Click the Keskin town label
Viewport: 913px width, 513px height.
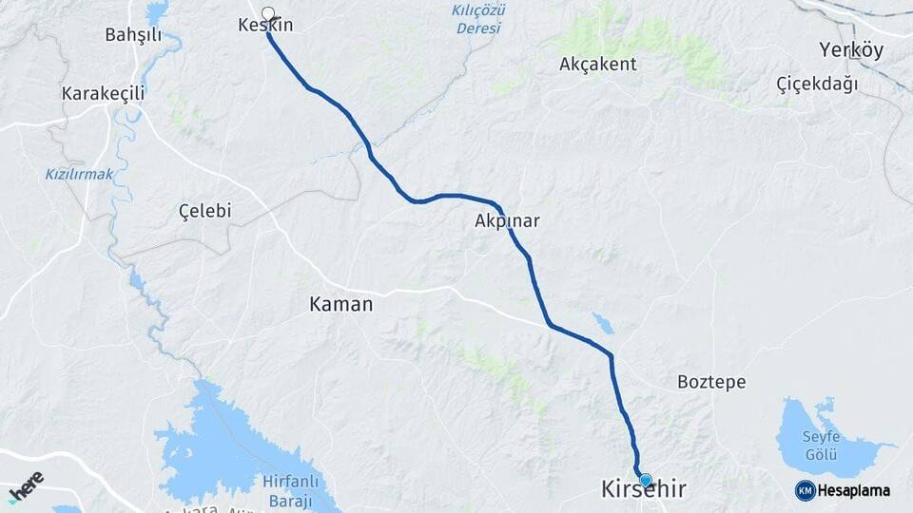[x=265, y=26]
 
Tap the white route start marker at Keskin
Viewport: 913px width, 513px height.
[x=268, y=14]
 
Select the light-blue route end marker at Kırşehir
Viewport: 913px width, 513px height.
[x=646, y=480]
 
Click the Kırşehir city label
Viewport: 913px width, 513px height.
[x=643, y=490]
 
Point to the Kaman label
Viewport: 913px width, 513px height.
[x=341, y=305]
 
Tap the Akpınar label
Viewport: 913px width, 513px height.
[x=507, y=221]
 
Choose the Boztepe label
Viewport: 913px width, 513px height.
[x=711, y=382]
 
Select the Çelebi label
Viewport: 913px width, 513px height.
[x=205, y=211]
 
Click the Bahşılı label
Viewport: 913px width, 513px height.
[x=133, y=36]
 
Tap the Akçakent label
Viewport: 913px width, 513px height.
[x=598, y=65]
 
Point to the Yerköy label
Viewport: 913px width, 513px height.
[x=851, y=49]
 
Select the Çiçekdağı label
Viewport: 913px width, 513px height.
[x=817, y=84]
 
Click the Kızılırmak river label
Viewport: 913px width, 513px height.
[x=79, y=174]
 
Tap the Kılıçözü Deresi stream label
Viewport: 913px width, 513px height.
[x=478, y=19]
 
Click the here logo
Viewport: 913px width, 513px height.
[x=26, y=485]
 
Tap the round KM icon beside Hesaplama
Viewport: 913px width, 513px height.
[x=806, y=490]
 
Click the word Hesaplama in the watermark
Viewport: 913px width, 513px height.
[x=854, y=491]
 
